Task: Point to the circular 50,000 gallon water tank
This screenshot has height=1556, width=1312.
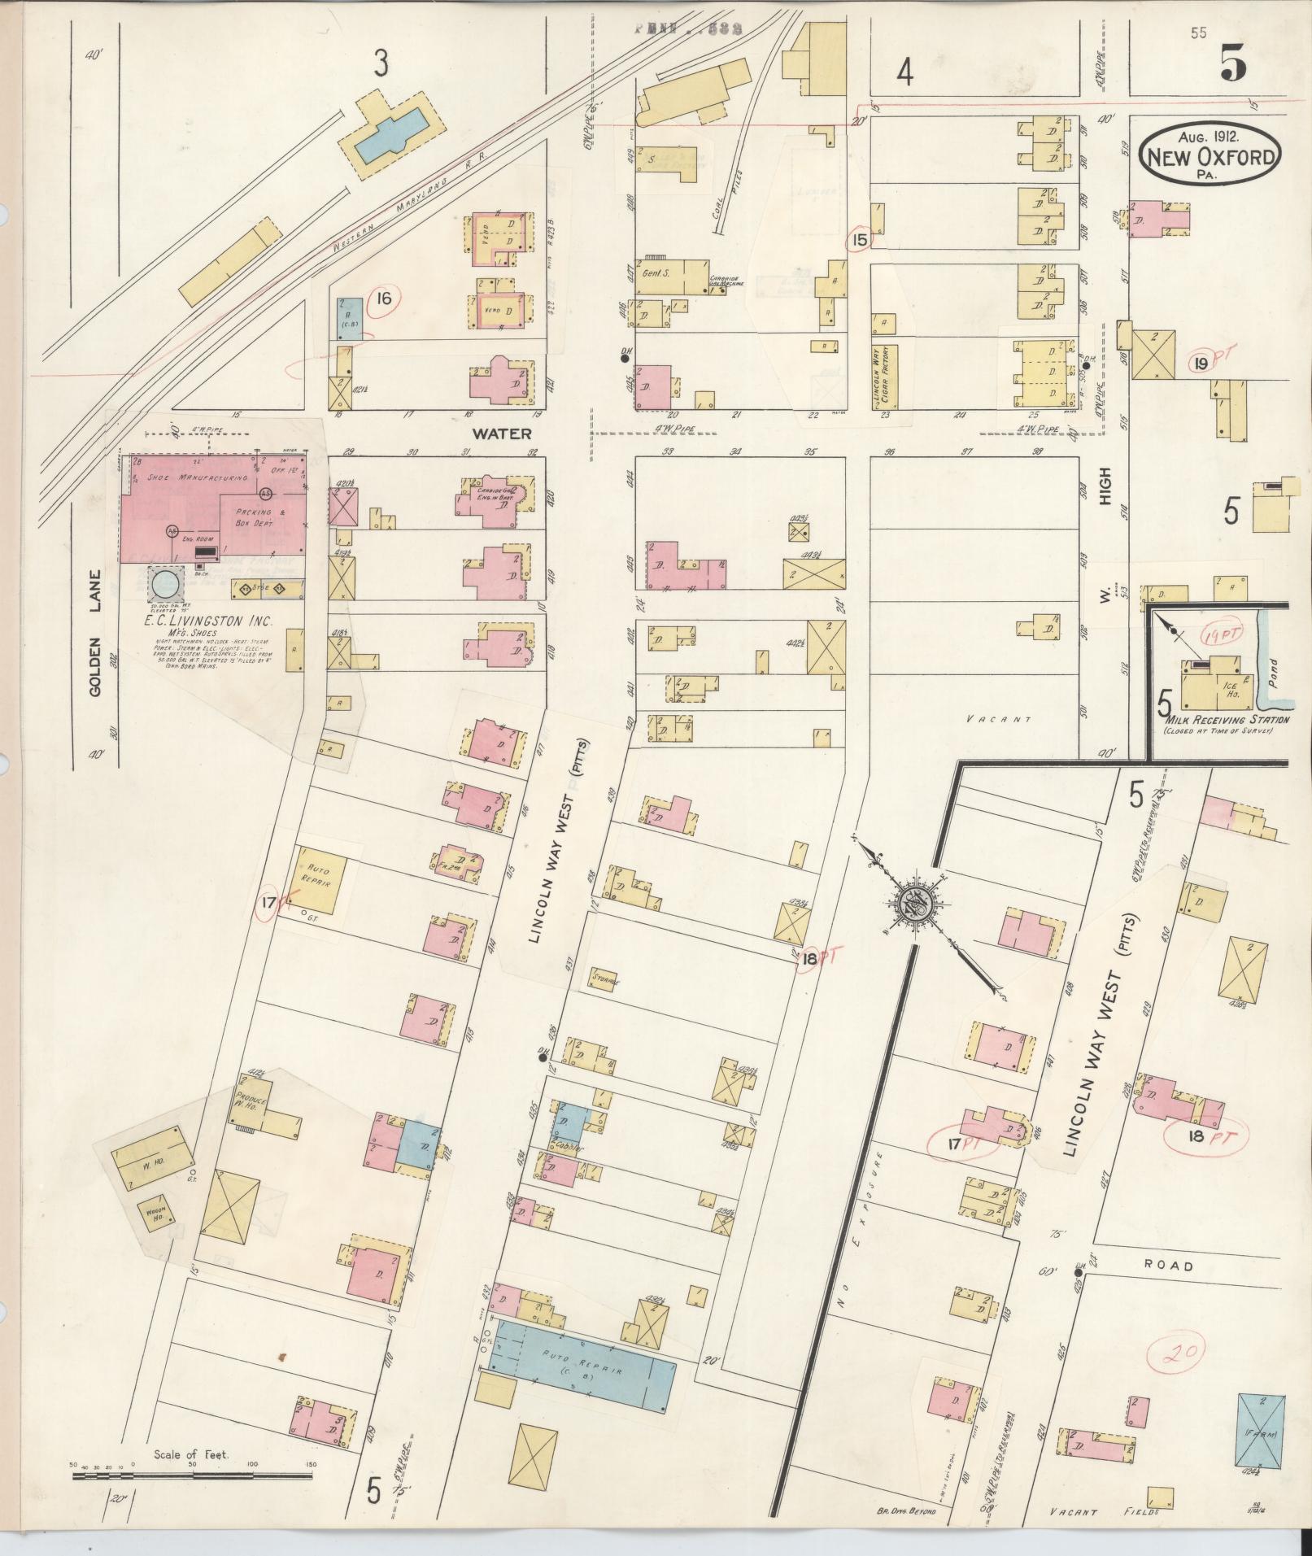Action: (x=164, y=582)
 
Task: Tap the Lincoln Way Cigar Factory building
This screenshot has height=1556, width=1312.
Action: (x=887, y=374)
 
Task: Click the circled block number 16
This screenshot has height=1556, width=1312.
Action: (x=383, y=299)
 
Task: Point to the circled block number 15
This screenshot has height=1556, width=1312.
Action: (x=860, y=239)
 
